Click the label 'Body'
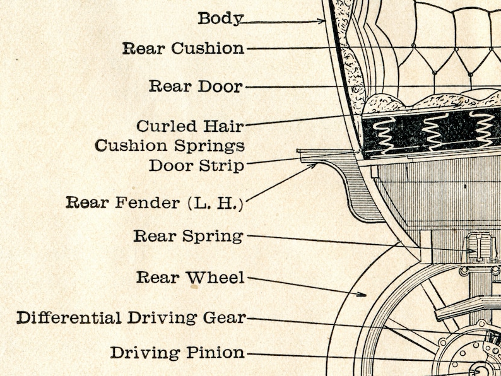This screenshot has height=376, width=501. click(x=220, y=18)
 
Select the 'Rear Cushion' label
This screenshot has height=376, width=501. click(x=183, y=49)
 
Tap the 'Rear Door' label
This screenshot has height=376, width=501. click(x=195, y=86)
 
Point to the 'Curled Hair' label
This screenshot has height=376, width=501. click(x=190, y=126)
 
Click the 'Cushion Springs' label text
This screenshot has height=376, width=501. click(x=169, y=146)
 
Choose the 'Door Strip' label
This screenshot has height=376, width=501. click(x=196, y=167)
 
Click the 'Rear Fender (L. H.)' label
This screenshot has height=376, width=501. click(x=155, y=203)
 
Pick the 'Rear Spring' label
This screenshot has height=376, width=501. click(x=188, y=237)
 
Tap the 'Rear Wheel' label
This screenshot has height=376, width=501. click(x=190, y=278)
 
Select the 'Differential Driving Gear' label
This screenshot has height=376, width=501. click(x=131, y=317)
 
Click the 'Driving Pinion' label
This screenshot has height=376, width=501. click(x=177, y=353)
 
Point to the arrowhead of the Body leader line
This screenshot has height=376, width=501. click(x=322, y=21)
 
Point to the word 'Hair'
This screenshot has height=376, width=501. click(x=224, y=126)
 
